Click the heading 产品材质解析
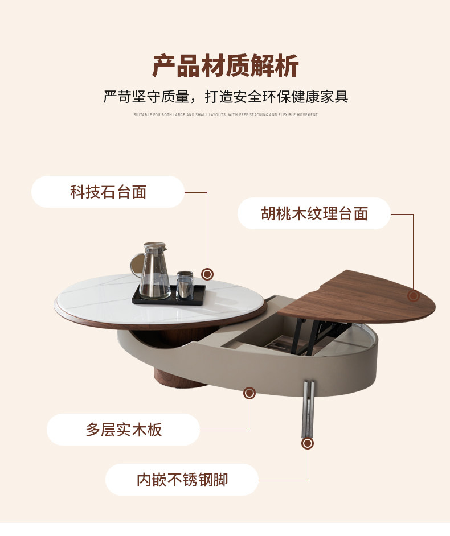click(x=225, y=67)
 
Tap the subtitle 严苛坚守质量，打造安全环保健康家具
click(x=225, y=96)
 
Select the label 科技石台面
click(x=108, y=192)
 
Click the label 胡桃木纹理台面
click(x=314, y=213)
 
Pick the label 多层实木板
click(x=124, y=429)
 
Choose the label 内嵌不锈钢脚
click(x=182, y=479)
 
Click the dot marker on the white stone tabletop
click(x=207, y=274)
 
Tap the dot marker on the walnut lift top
click(x=414, y=295)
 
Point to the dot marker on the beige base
click(x=249, y=393)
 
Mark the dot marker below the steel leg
click(x=308, y=443)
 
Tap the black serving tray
click(x=169, y=296)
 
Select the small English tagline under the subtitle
click(x=225, y=115)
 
